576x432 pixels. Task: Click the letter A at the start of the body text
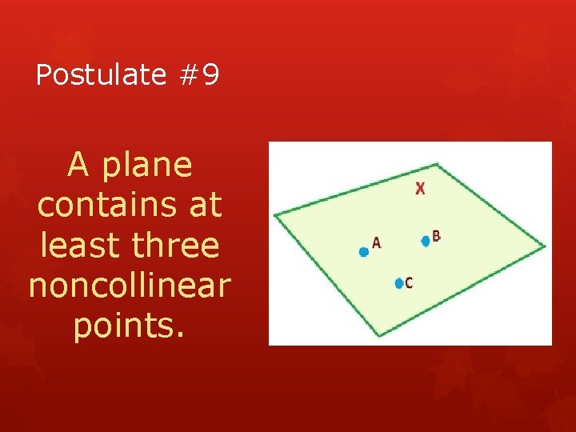[x=78, y=166]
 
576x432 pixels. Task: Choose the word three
[x=176, y=245]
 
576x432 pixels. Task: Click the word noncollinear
[x=130, y=285]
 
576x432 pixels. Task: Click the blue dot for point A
[x=363, y=252]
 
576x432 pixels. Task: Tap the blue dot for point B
[x=426, y=241]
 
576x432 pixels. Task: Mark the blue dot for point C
[x=398, y=282]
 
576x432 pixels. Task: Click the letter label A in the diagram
[x=377, y=243]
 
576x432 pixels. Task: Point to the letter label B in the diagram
[x=436, y=235]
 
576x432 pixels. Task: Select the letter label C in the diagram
[x=409, y=283]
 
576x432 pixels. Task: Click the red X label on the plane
[x=420, y=189]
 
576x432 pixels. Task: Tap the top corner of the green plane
[x=436, y=163]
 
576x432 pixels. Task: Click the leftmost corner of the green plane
[x=274, y=214]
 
